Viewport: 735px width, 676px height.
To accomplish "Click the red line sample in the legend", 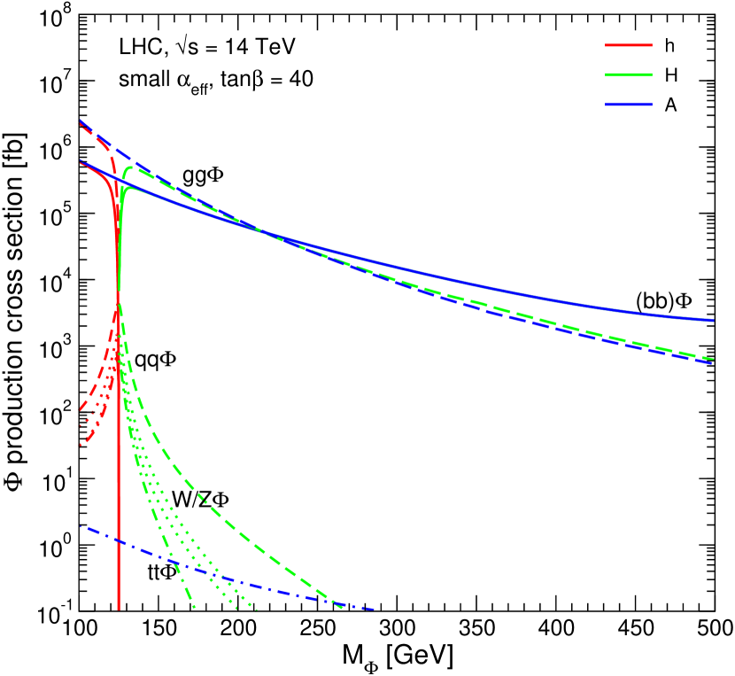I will click(x=629, y=44).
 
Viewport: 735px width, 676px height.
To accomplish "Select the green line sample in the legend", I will click(x=629, y=74).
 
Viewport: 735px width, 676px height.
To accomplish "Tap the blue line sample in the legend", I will click(x=629, y=105).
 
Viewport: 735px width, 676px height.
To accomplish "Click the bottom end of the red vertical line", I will click(x=118, y=610).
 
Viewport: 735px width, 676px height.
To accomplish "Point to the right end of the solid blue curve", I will click(x=714, y=320).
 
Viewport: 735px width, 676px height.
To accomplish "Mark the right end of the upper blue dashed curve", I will click(x=714, y=363).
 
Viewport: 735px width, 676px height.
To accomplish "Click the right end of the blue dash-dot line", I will click(x=375, y=610).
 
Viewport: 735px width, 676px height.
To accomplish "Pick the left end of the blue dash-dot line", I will click(x=81, y=527).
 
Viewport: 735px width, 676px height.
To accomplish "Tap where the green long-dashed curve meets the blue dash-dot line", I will click(x=337, y=604).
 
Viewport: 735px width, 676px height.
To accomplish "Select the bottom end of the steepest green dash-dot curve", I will click(x=194, y=610).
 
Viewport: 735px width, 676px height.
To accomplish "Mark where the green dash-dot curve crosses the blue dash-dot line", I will click(x=174, y=563).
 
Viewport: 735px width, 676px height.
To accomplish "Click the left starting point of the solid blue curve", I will click(x=81, y=161).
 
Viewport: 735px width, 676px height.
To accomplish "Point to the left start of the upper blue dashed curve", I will click(x=81, y=120).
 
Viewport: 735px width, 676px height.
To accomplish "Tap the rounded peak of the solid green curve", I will click(x=128, y=188).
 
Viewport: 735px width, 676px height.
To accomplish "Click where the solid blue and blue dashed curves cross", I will click(x=262, y=232).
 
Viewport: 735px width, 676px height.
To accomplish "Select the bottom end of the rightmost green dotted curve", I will click(x=257, y=610).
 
